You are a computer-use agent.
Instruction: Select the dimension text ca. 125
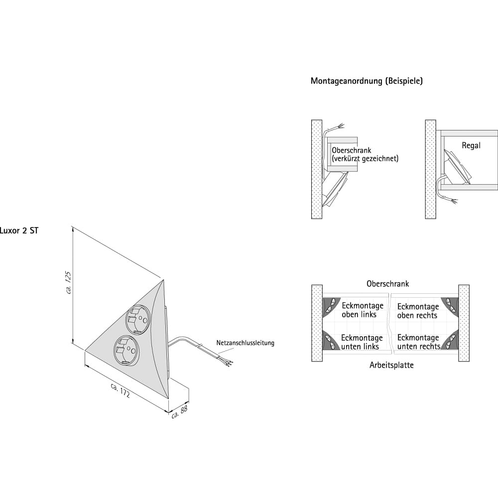coord(69,282)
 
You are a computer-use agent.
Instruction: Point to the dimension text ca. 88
coord(179,411)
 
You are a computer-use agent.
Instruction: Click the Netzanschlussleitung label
coord(245,343)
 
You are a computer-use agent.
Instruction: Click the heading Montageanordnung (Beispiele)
coord(367,81)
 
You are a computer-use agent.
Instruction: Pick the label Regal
coord(471,145)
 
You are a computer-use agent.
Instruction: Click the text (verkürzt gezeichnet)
coord(365,159)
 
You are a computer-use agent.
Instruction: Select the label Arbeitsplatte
coord(391,365)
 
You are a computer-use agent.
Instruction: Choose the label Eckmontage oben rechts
coord(417,311)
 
